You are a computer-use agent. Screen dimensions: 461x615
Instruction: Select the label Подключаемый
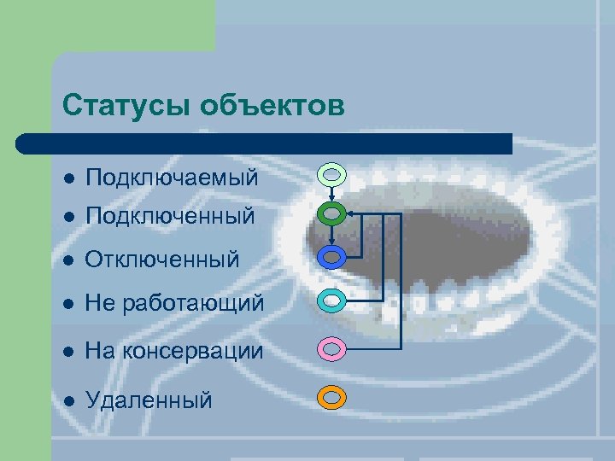click(x=172, y=178)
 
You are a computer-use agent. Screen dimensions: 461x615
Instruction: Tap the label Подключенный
click(x=170, y=216)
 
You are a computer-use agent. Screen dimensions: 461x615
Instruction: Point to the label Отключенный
click(x=162, y=259)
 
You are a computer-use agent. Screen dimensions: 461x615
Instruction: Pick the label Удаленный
click(x=149, y=399)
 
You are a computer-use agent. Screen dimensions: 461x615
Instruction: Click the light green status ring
click(x=332, y=174)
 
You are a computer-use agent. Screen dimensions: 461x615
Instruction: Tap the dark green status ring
click(x=332, y=213)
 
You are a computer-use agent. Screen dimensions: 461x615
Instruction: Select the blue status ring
click(x=332, y=255)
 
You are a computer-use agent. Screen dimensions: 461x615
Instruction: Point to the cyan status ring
click(x=332, y=301)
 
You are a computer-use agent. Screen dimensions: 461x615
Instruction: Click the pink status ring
click(x=332, y=348)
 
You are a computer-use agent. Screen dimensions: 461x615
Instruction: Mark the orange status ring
click(x=332, y=397)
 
